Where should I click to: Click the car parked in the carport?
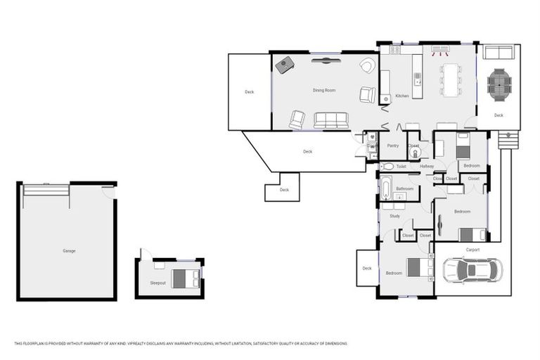(472, 270)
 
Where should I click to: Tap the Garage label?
(69, 251)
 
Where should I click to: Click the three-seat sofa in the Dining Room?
(331, 120)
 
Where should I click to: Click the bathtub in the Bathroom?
(386, 188)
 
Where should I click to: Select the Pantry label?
(393, 146)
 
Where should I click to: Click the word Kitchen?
(401, 96)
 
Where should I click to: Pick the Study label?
(394, 216)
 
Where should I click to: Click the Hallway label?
(427, 167)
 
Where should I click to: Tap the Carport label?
(472, 250)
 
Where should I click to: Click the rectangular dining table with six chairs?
(450, 80)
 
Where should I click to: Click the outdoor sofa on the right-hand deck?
(499, 53)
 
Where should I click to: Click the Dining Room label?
(324, 91)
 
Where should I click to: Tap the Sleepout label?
(158, 283)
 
